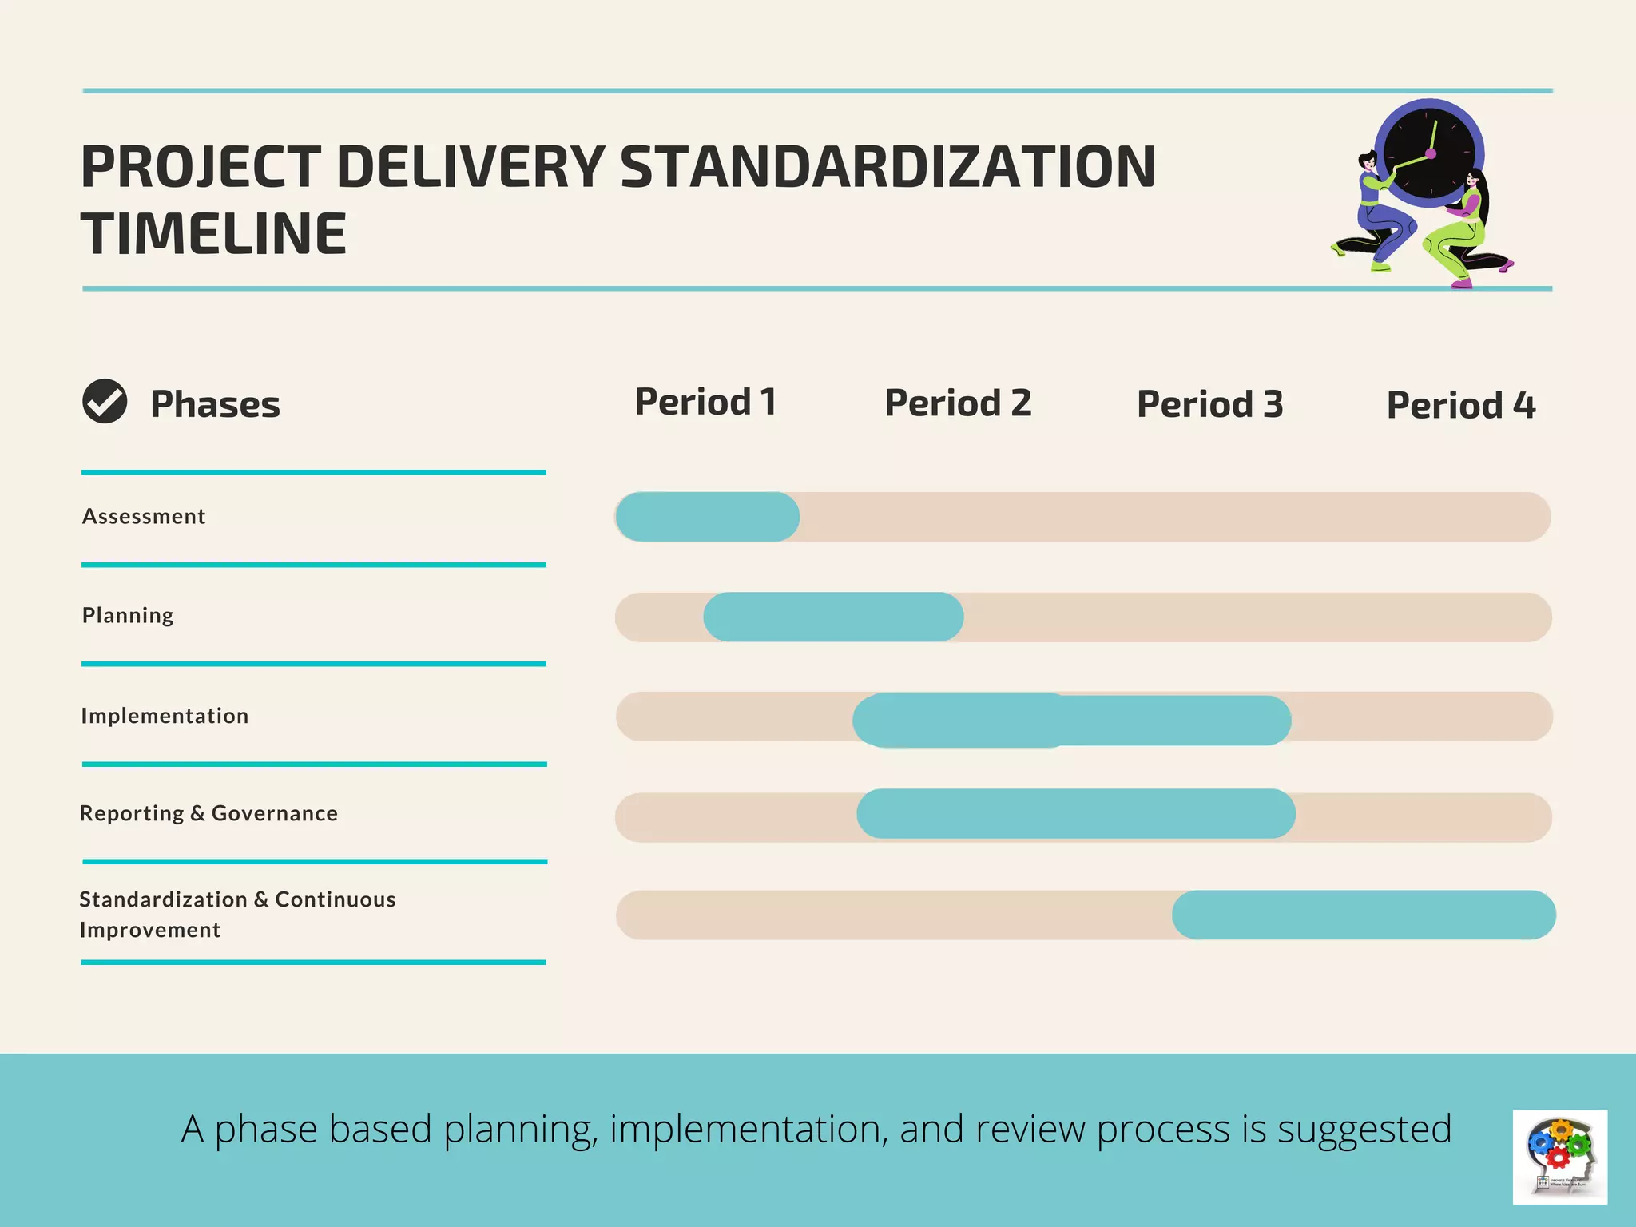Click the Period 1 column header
[705, 402]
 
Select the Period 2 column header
[958, 403]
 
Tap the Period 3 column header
[1209, 404]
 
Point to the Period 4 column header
[1460, 406]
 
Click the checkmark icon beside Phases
[105, 401]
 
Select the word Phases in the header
[215, 404]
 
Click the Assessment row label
[144, 517]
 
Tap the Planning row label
[128, 616]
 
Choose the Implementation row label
[165, 716]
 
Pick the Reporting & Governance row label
[208, 813]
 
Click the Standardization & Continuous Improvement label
[237, 915]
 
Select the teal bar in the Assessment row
[707, 517]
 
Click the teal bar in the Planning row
[833, 617]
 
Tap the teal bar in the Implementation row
[1071, 720]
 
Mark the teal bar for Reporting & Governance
[1075, 814]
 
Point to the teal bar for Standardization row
[1363, 915]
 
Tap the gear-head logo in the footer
[1559, 1156]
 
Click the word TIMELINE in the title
[213, 234]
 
